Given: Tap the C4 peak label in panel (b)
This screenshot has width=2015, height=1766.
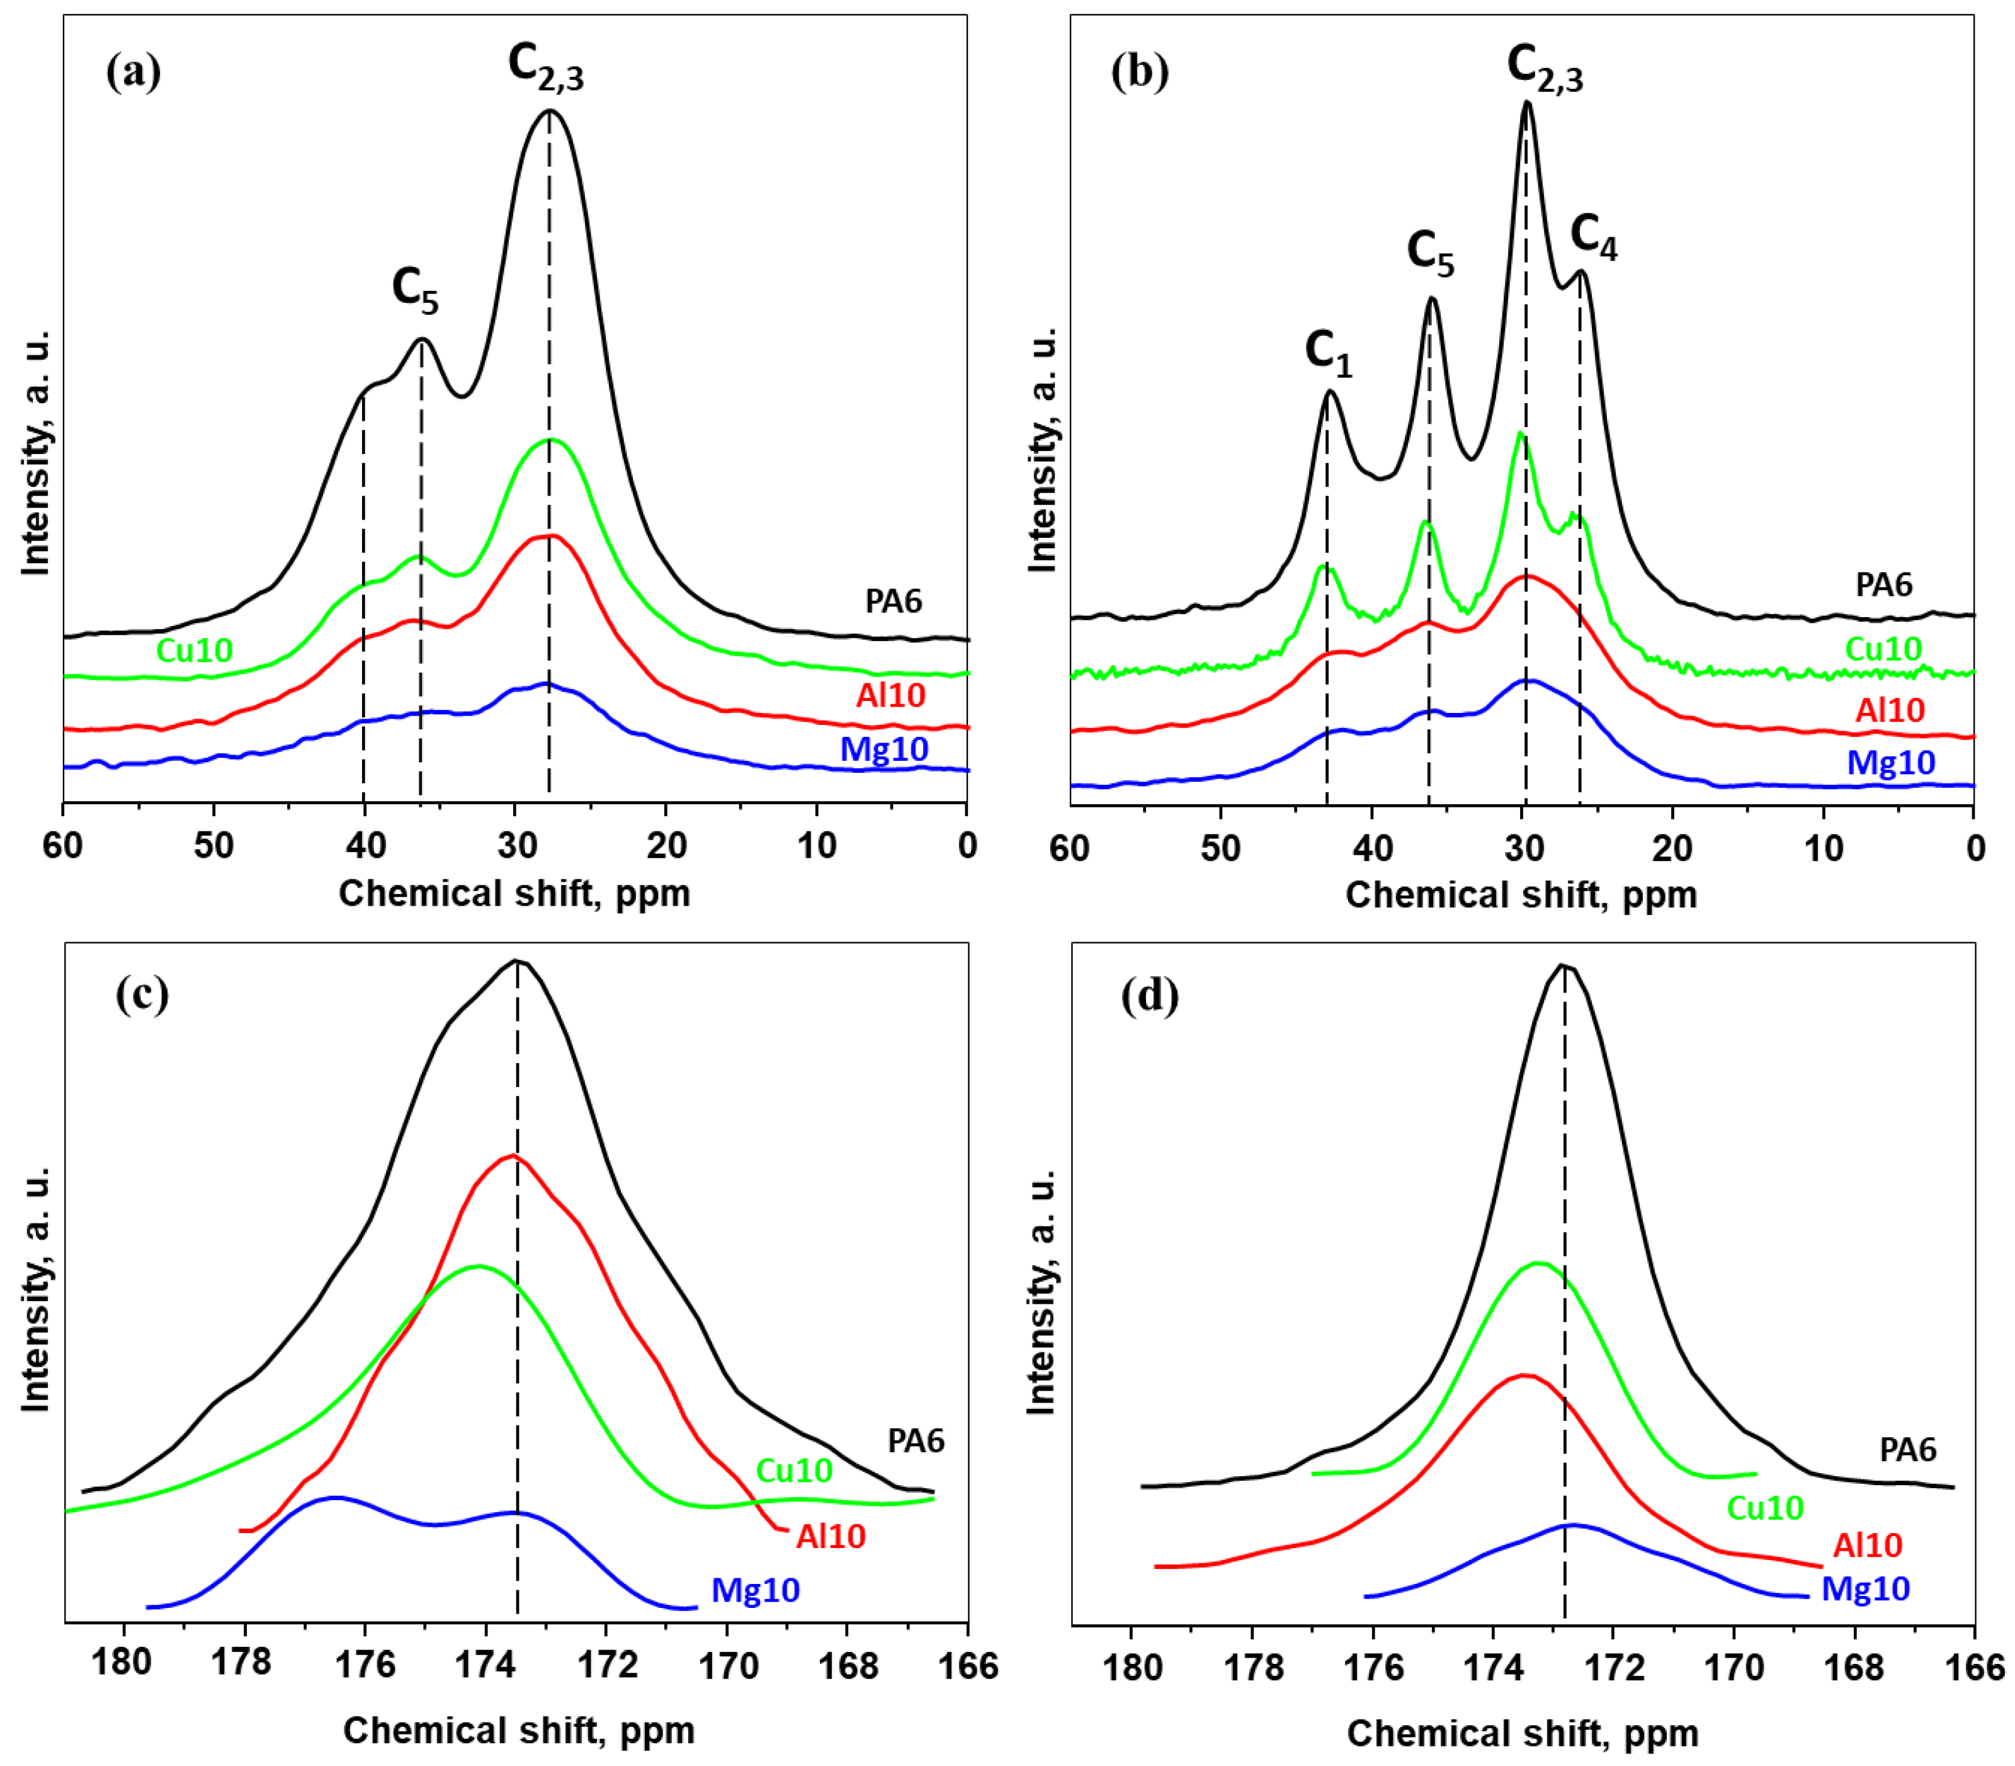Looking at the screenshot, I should [x=1592, y=237].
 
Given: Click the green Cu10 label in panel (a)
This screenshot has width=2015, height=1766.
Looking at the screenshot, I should [x=194, y=651].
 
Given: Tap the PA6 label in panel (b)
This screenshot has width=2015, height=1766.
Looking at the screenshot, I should [x=1883, y=584].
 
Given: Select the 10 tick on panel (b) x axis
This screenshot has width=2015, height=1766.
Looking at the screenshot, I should [x=1823, y=848].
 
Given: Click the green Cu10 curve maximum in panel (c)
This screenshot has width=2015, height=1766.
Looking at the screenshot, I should [x=479, y=1267].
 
